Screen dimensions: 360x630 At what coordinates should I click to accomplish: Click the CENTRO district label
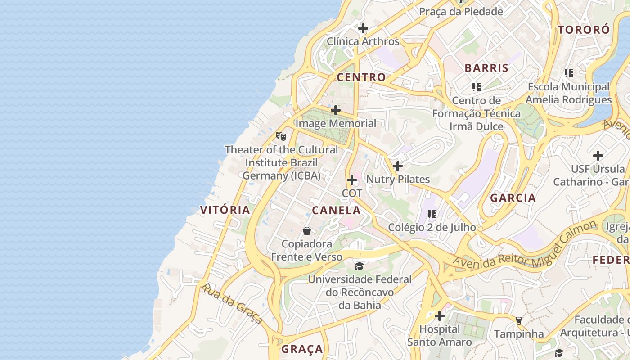pyautogui.click(x=361, y=77)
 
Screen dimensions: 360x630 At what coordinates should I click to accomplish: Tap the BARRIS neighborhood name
pyautogui.click(x=486, y=68)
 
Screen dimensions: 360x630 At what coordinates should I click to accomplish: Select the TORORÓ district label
pyautogui.click(x=584, y=30)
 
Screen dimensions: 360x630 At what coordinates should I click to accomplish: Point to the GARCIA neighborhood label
pyautogui.click(x=513, y=198)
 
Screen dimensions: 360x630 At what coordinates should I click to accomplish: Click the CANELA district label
pyautogui.click(x=337, y=210)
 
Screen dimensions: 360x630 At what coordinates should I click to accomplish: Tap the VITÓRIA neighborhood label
pyautogui.click(x=225, y=210)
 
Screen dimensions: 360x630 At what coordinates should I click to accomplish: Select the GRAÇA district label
pyautogui.click(x=302, y=349)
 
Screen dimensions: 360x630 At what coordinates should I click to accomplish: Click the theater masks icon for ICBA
pyautogui.click(x=281, y=136)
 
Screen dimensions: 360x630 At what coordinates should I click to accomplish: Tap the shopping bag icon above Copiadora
pyautogui.click(x=307, y=231)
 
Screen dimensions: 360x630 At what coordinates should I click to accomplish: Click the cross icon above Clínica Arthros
pyautogui.click(x=363, y=28)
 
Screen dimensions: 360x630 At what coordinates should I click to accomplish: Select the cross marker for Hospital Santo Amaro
pyautogui.click(x=440, y=316)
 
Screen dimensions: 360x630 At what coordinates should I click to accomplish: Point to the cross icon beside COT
pyautogui.click(x=352, y=180)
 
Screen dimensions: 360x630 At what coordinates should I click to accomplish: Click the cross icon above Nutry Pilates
pyautogui.click(x=398, y=166)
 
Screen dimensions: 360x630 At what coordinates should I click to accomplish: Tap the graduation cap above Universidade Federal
pyautogui.click(x=359, y=266)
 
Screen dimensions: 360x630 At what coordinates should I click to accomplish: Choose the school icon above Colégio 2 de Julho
pyautogui.click(x=432, y=214)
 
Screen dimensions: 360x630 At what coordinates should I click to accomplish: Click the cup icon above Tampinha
pyautogui.click(x=519, y=320)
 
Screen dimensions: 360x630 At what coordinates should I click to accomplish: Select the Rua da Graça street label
pyautogui.click(x=232, y=304)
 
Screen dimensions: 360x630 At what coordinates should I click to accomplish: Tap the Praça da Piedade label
pyautogui.click(x=461, y=12)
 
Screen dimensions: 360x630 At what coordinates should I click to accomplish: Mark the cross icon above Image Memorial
pyautogui.click(x=336, y=110)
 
